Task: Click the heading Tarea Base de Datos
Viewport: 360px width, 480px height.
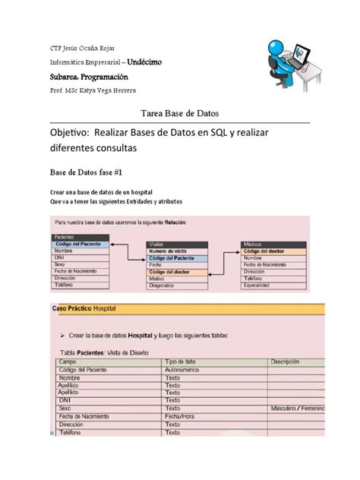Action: point(180,112)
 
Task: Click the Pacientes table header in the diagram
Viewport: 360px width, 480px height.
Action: point(65,237)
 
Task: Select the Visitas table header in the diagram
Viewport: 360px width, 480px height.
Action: point(159,245)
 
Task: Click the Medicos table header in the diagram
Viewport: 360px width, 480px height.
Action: point(254,245)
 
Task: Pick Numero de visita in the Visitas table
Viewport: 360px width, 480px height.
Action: point(168,251)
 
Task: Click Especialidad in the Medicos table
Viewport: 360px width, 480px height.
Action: point(261,286)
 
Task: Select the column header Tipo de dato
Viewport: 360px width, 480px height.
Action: point(181,361)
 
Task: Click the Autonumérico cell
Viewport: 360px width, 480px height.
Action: point(185,369)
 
